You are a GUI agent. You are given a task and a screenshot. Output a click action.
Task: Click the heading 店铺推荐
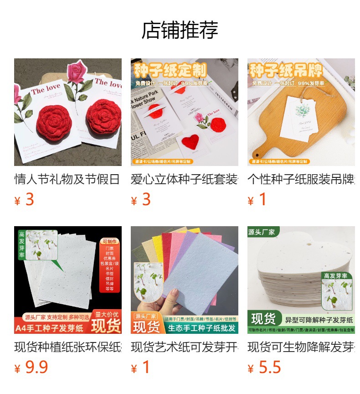(180, 30)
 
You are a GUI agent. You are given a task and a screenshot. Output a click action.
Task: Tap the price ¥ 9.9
(31, 368)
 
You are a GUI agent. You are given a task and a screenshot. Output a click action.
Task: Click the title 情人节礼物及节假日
(67, 179)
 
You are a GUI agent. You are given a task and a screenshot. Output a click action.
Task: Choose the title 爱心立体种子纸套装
(184, 179)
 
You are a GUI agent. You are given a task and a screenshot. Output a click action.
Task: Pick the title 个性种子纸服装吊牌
(301, 179)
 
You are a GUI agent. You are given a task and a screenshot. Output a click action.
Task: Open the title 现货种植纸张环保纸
(67, 347)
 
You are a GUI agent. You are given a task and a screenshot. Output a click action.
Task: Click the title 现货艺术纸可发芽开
(184, 347)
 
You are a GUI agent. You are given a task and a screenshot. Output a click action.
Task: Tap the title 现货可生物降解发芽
(301, 347)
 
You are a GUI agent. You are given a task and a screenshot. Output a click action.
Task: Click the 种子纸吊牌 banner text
(286, 71)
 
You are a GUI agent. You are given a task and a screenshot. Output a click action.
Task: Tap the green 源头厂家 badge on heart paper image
(262, 232)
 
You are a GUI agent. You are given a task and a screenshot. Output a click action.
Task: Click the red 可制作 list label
(110, 241)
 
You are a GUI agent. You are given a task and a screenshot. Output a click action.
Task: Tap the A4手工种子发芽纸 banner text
(50, 328)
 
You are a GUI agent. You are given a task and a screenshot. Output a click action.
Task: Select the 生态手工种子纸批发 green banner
(201, 328)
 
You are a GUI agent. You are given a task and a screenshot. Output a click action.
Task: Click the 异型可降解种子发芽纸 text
(319, 320)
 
